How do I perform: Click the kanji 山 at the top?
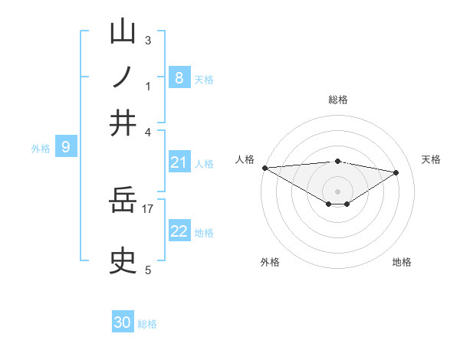pyautogui.click(x=123, y=31)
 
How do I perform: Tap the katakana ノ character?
pyautogui.click(x=123, y=77)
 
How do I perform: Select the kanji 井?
pyautogui.click(x=123, y=123)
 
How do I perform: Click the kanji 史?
pyautogui.click(x=123, y=261)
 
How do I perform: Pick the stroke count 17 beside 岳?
pyautogui.click(x=148, y=208)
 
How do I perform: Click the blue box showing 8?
pyautogui.click(x=179, y=77)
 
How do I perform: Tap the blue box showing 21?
pyautogui.click(x=179, y=162)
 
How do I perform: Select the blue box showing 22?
pyautogui.click(x=179, y=231)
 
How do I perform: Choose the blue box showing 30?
pyautogui.click(x=123, y=322)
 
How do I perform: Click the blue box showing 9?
pyautogui.click(x=66, y=146)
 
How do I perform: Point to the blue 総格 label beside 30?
pyautogui.click(x=147, y=324)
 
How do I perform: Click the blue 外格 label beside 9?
pyautogui.click(x=41, y=149)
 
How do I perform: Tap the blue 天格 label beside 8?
pyautogui.click(x=204, y=80)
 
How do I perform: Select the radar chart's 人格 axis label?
pyautogui.click(x=245, y=159)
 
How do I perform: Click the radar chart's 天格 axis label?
pyautogui.click(x=431, y=159)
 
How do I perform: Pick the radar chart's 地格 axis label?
pyautogui.click(x=402, y=262)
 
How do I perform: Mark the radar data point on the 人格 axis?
pyautogui.click(x=264, y=168)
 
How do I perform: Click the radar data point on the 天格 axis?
pyautogui.click(x=396, y=172)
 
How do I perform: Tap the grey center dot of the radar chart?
pyautogui.click(x=337, y=191)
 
